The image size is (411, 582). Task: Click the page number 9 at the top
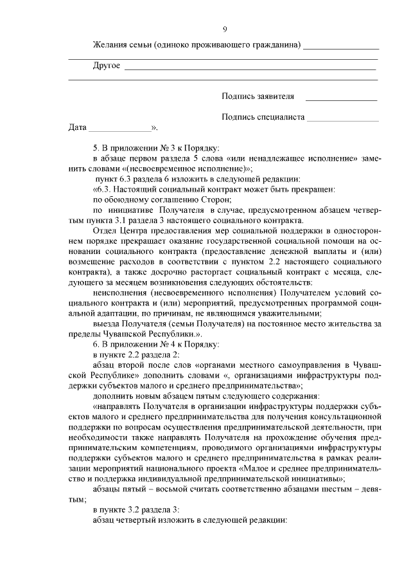coord(224,29)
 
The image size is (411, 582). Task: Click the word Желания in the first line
coord(109,46)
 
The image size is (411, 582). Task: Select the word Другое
coord(107,66)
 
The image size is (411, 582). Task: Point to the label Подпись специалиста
coord(262,117)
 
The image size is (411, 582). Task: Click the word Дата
coord(77,127)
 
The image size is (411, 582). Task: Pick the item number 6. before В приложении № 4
coord(96,345)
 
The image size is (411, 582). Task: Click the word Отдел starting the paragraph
coord(105,230)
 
